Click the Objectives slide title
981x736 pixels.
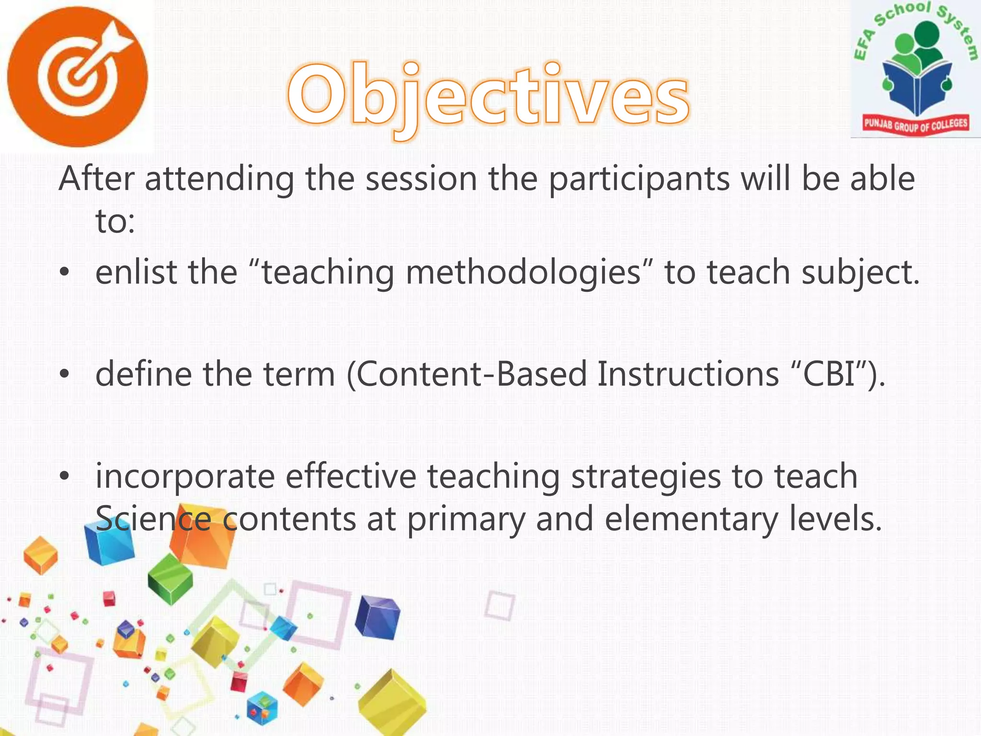coord(489,96)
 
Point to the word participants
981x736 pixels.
coord(639,179)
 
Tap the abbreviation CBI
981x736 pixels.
coord(829,374)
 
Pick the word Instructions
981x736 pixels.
coord(688,374)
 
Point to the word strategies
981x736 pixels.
coord(647,477)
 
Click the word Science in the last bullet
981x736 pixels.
coord(153,519)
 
